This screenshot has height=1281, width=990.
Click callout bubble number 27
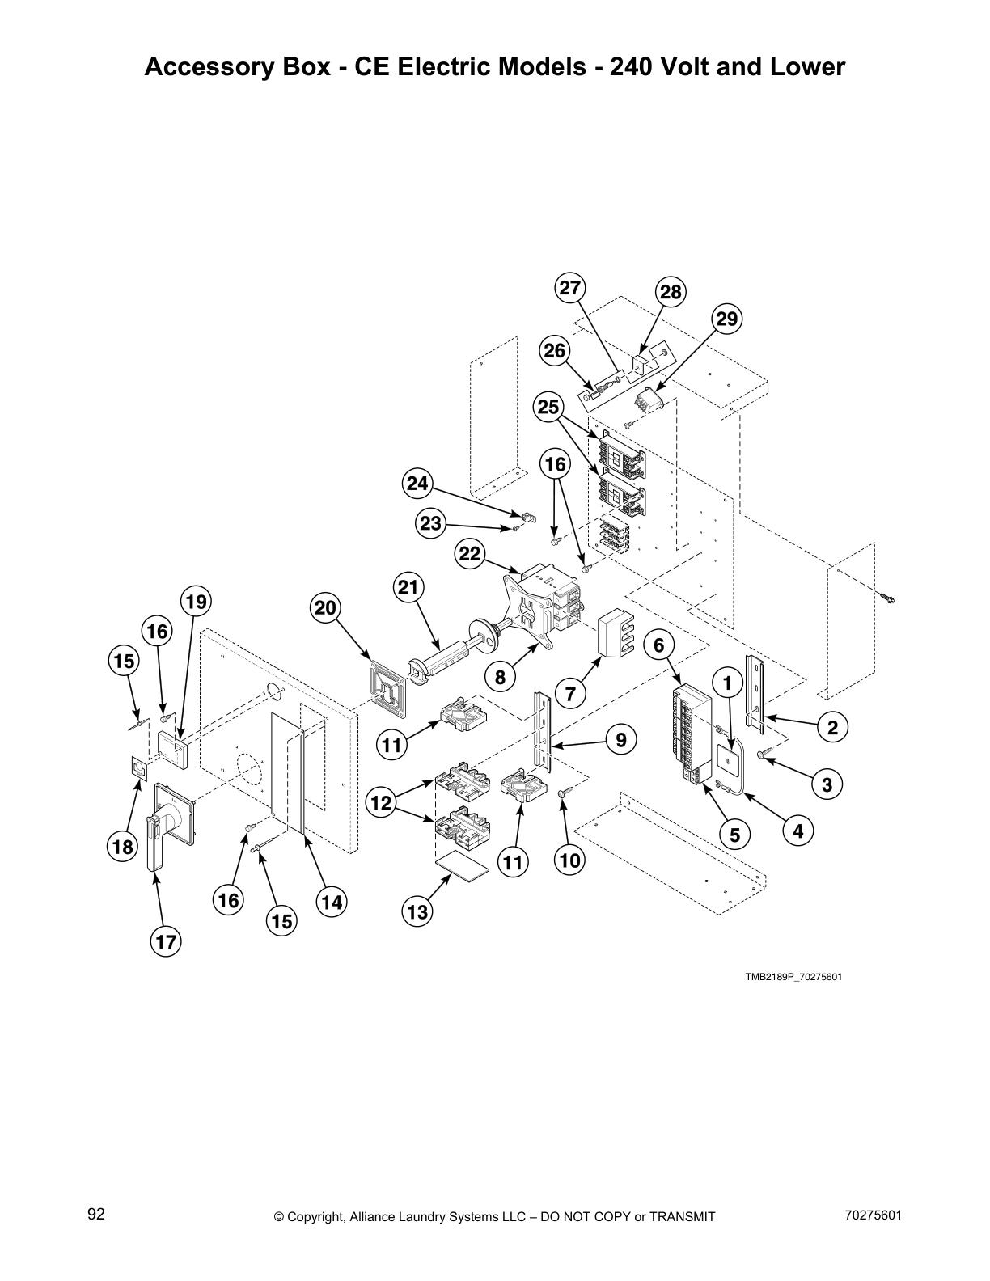(x=571, y=288)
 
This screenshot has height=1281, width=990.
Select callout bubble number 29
(x=727, y=319)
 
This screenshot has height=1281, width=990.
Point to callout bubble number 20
(x=325, y=608)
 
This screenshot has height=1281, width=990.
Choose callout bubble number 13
(x=417, y=913)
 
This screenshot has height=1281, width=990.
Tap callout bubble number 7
(x=571, y=693)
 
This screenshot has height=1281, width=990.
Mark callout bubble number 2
(x=832, y=727)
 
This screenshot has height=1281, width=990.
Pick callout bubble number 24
(x=417, y=484)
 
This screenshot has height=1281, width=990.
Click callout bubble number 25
(x=549, y=407)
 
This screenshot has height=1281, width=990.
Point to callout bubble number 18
(x=122, y=847)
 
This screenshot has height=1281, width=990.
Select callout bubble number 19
(x=197, y=602)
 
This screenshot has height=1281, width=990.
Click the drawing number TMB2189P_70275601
(x=793, y=977)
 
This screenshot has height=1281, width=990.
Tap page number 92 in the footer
(x=96, y=1215)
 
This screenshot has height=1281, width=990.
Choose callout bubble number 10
(x=570, y=860)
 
